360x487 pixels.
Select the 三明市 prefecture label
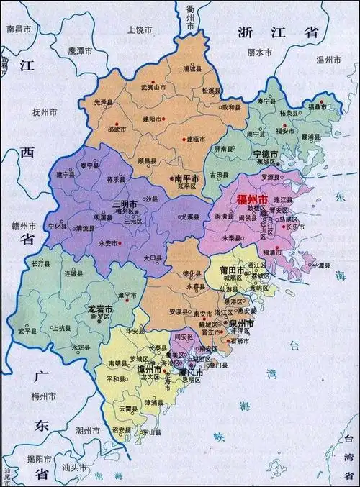tap(125, 205)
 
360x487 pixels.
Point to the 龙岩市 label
tap(100, 309)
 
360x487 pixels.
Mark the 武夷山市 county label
tap(154, 86)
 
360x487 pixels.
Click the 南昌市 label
tap(19, 29)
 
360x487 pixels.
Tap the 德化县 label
tap(191, 273)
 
